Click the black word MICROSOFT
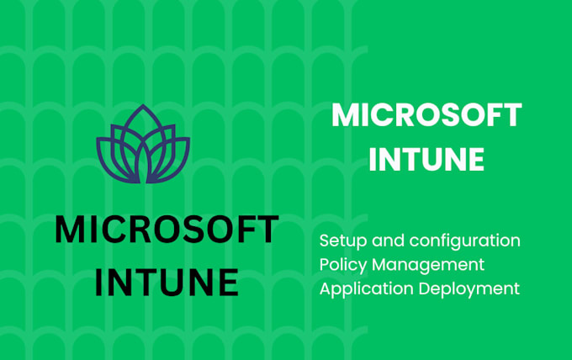point(167,230)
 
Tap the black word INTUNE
point(167,282)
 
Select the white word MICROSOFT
point(426,115)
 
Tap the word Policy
point(342,265)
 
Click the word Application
point(364,289)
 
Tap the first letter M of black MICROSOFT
point(71,230)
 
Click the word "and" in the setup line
point(383,241)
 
